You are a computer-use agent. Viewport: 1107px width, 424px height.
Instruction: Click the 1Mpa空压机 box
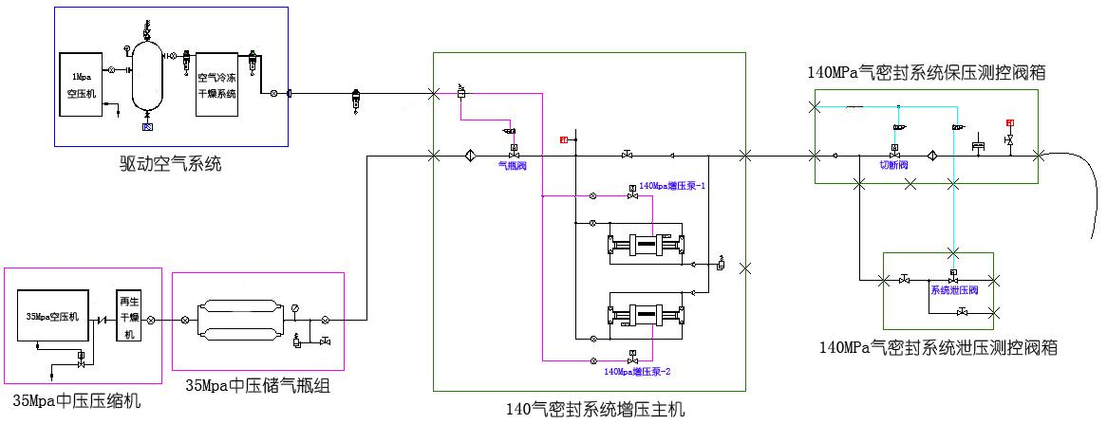80,84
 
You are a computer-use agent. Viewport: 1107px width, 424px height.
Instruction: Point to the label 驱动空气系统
171,163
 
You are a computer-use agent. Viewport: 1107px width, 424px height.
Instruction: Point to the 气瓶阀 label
513,165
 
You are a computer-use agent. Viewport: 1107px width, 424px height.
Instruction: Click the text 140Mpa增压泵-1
672,186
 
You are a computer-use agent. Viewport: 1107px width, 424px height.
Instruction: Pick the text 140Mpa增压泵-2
638,370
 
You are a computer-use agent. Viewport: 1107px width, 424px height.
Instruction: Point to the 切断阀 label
893,165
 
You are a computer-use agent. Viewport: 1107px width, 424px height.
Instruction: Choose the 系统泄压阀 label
953,290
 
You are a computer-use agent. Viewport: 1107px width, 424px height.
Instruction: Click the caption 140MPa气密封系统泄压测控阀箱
937,348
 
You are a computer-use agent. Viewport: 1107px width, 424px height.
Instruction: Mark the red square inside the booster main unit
563,141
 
